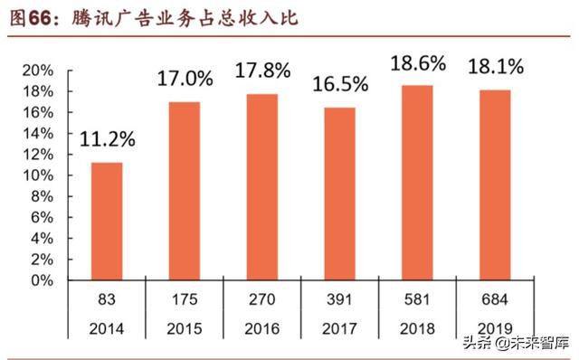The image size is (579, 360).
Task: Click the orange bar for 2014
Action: [107, 222]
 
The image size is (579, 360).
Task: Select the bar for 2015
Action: [184, 191]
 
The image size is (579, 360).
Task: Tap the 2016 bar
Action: [261, 187]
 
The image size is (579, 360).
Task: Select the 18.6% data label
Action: [417, 63]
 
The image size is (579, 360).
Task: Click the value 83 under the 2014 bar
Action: [107, 298]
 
